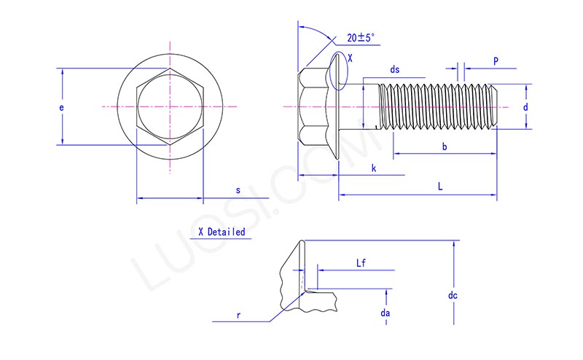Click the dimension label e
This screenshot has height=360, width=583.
pyautogui.click(x=62, y=108)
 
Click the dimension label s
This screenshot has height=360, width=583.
pyautogui.click(x=238, y=190)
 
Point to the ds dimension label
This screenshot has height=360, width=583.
pyautogui.click(x=394, y=70)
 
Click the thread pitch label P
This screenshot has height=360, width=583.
pyautogui.click(x=496, y=62)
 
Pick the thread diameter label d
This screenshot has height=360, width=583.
pyautogui.click(x=525, y=107)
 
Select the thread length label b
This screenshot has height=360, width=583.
pyautogui.click(x=445, y=148)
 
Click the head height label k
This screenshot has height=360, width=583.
pyautogui.click(x=374, y=168)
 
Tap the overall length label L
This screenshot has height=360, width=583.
pyautogui.click(x=439, y=187)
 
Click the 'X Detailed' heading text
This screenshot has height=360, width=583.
pyautogui.click(x=222, y=232)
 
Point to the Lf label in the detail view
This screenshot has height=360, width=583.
pyautogui.click(x=361, y=262)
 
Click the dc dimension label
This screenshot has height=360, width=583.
pyautogui.click(x=453, y=296)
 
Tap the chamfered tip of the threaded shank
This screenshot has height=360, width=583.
pyautogui.click(x=494, y=106)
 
